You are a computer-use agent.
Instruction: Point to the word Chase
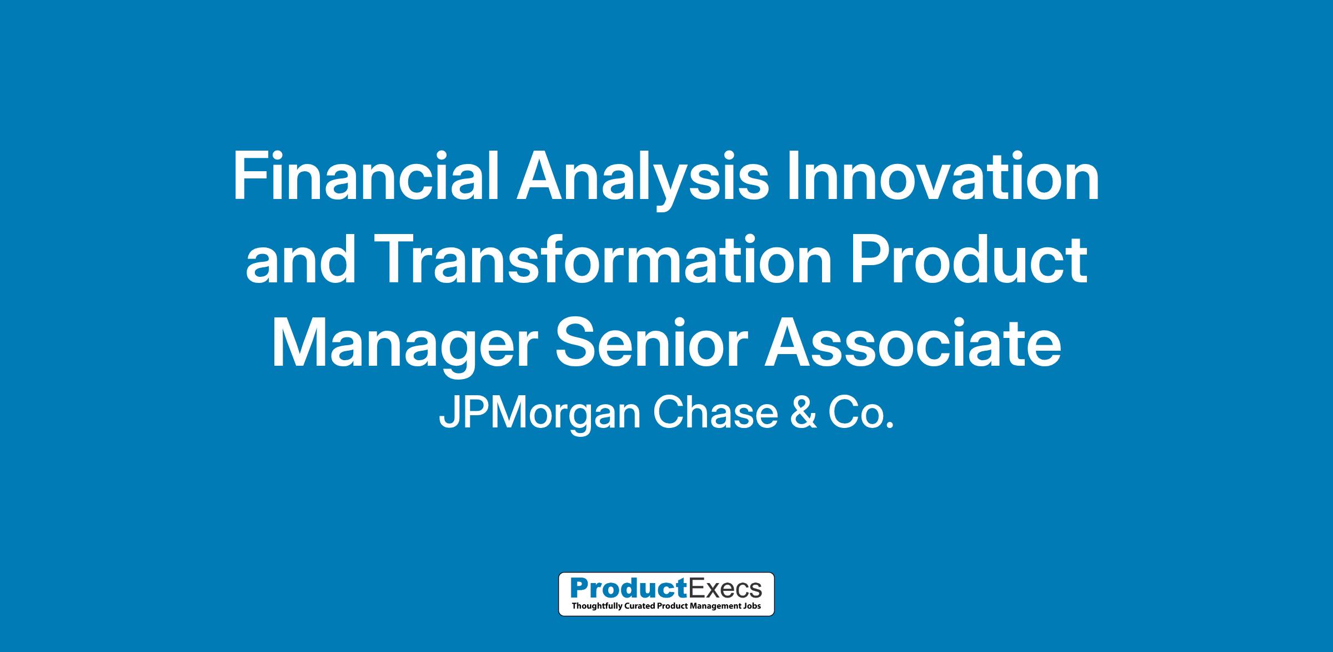pos(715,414)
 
